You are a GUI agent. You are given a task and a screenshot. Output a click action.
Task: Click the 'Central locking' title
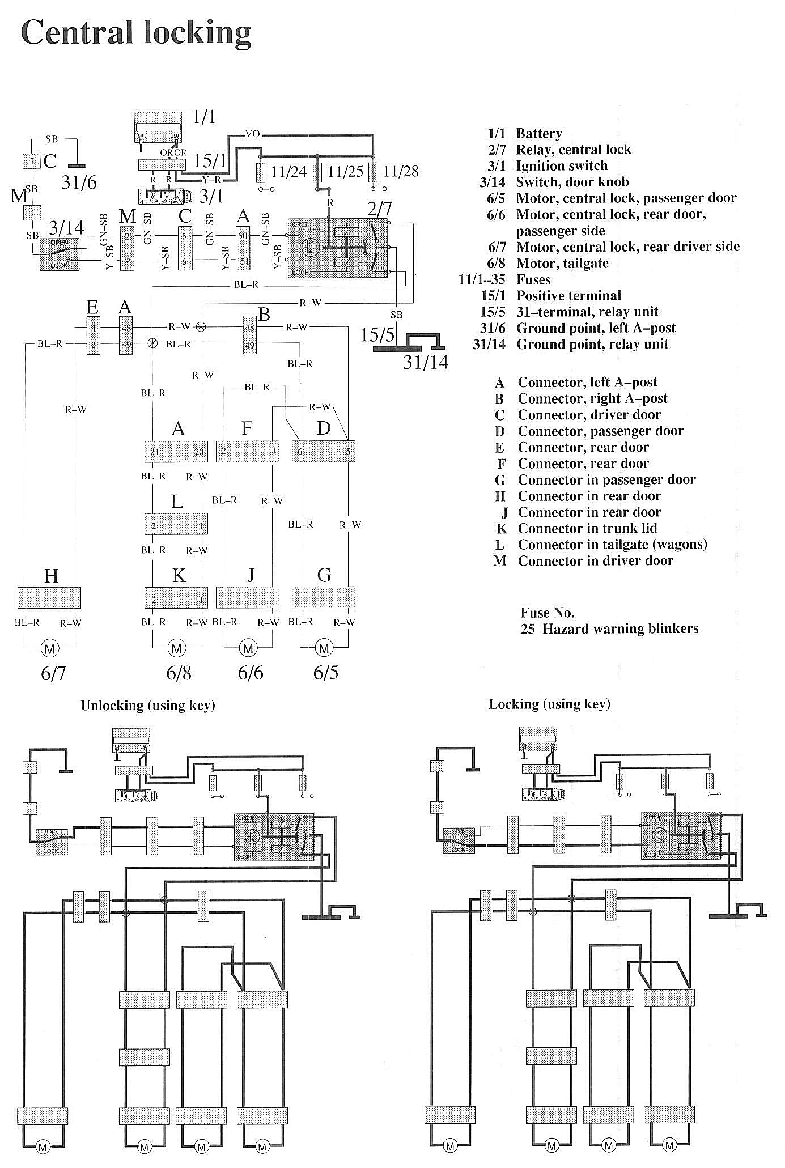135,33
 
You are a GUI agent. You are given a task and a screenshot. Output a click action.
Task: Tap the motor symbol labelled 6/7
50,648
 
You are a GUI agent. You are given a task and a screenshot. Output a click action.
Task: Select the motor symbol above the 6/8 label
177,648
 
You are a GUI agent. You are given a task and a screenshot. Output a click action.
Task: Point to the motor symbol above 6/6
248,648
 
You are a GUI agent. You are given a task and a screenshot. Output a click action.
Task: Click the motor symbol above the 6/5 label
324,648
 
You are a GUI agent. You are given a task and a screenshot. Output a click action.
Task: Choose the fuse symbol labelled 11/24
261,171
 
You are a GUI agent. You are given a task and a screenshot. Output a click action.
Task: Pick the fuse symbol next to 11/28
373,171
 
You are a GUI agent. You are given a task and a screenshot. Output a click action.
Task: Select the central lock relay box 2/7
339,248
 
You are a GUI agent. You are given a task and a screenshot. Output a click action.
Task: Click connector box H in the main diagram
49,597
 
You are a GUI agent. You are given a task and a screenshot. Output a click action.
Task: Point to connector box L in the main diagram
177,524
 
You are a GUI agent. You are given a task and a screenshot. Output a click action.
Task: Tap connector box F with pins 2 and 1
248,451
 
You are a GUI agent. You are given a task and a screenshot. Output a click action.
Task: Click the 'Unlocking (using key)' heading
148,706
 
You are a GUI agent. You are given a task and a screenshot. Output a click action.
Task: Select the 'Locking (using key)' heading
549,704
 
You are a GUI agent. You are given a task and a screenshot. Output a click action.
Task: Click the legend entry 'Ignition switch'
561,165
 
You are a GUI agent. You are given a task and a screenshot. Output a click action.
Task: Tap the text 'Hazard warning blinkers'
620,628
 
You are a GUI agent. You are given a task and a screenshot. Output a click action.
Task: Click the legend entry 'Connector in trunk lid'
587,528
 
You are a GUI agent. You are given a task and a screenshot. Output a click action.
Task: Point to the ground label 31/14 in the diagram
426,362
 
